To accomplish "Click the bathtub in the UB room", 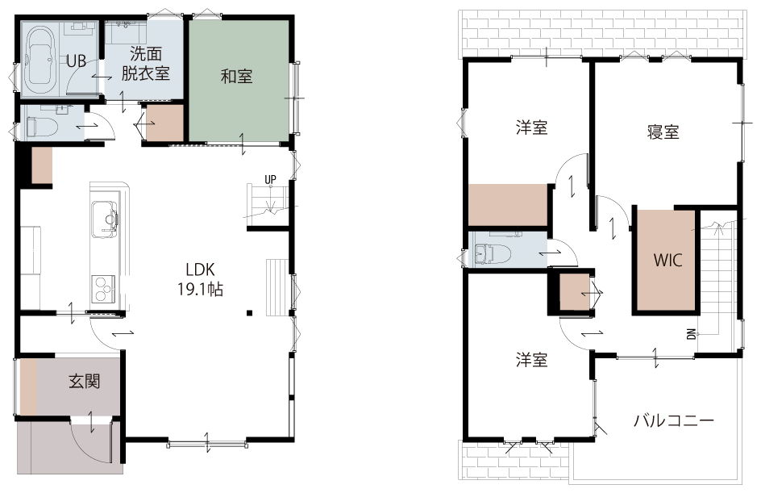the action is (x=41, y=61).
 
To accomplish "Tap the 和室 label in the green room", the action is (x=236, y=77).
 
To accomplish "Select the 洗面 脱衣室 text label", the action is (x=146, y=63).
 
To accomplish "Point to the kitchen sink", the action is (x=105, y=219).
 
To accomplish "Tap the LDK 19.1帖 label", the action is (x=200, y=280).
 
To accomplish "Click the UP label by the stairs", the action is (x=270, y=179).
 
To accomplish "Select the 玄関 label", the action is (x=84, y=382).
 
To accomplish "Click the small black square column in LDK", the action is (x=249, y=313).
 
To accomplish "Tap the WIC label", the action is (x=667, y=260).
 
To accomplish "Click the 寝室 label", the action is (x=663, y=132).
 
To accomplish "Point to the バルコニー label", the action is (x=674, y=420).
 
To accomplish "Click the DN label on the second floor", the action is (x=692, y=334).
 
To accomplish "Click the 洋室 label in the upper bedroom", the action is (x=531, y=127).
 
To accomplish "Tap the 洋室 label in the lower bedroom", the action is (x=531, y=360).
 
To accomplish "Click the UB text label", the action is (x=77, y=61).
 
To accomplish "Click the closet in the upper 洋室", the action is (x=508, y=204).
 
